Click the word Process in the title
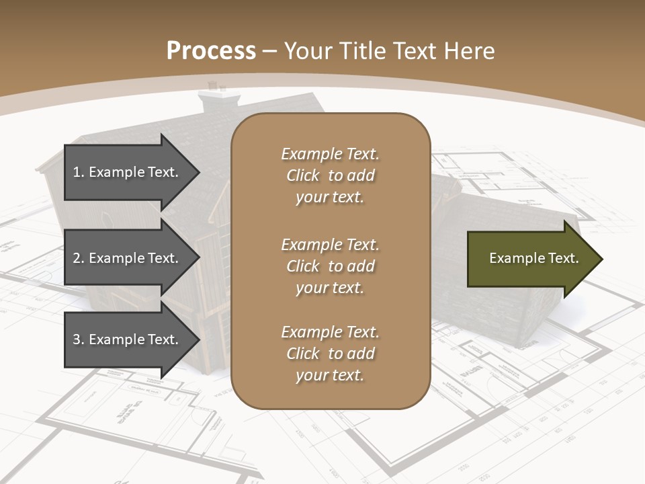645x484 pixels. (x=211, y=51)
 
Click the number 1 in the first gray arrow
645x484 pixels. (x=77, y=172)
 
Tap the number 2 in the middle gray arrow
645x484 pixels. (x=77, y=258)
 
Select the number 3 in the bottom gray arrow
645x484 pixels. (x=77, y=339)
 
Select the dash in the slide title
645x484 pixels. (x=269, y=51)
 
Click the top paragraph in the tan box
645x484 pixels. (x=330, y=175)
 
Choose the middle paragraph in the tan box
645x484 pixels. (x=330, y=266)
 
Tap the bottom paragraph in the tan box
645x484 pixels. (x=330, y=354)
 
